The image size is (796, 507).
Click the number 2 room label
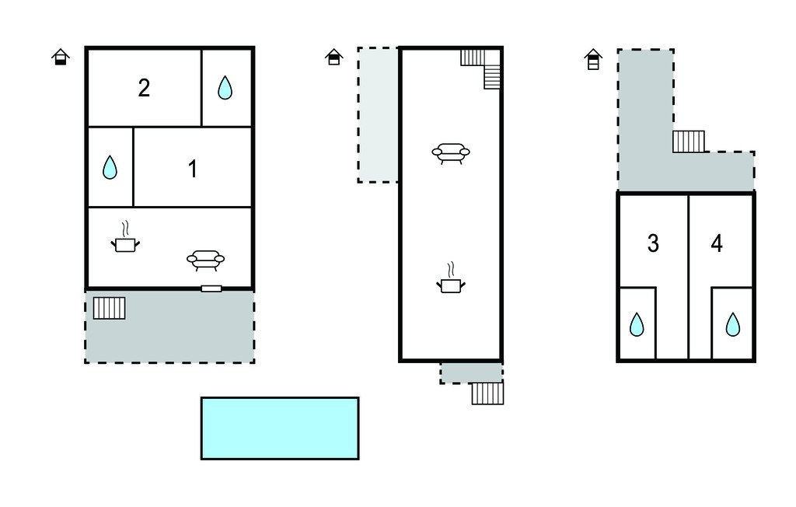pyautogui.click(x=144, y=88)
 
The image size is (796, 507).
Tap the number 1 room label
pyautogui.click(x=193, y=169)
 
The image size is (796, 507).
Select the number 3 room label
pyautogui.click(x=653, y=243)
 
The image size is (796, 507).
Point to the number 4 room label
pyautogui.click(x=716, y=243)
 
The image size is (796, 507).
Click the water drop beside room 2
pyautogui.click(x=225, y=87)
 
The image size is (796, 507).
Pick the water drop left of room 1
pyautogui.click(x=110, y=167)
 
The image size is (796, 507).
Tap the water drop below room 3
pyautogui.click(x=637, y=324)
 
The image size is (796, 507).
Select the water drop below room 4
pyautogui.click(x=732, y=324)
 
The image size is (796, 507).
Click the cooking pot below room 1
pyautogui.click(x=125, y=236)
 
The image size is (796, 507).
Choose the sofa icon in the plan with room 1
pyautogui.click(x=205, y=259)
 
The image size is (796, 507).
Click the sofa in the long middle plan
pyautogui.click(x=451, y=152)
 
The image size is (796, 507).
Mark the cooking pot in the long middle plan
pyautogui.click(x=451, y=278)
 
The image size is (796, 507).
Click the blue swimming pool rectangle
pyautogui.click(x=280, y=428)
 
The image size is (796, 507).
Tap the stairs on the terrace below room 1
pyautogui.click(x=109, y=309)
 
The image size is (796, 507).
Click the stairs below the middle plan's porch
pyautogui.click(x=488, y=393)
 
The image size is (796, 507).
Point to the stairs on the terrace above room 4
pyautogui.click(x=689, y=142)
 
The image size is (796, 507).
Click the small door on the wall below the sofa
pyautogui.click(x=211, y=289)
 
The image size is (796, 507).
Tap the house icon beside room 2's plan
pyautogui.click(x=61, y=57)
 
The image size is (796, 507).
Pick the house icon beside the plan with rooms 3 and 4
pyautogui.click(x=593, y=59)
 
